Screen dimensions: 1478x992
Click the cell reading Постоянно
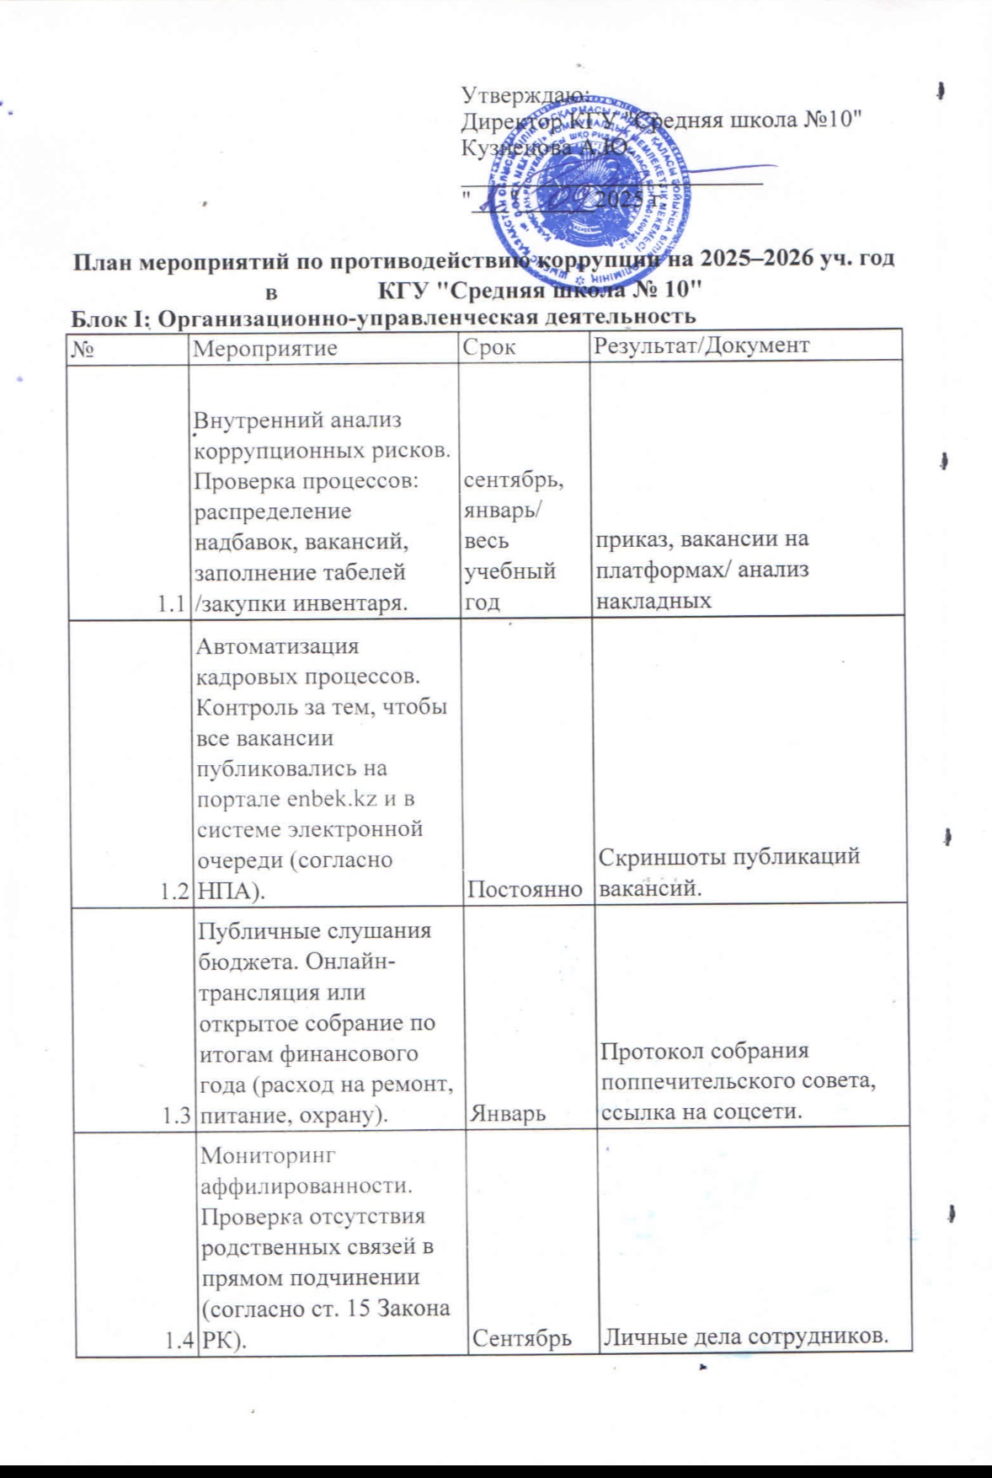pos(525,889)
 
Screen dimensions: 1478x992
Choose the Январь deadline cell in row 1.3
pos(507,1114)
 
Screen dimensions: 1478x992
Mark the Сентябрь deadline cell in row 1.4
pos(521,1338)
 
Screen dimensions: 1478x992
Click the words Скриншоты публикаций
pos(729,857)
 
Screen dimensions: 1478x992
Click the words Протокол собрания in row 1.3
pos(704,1052)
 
